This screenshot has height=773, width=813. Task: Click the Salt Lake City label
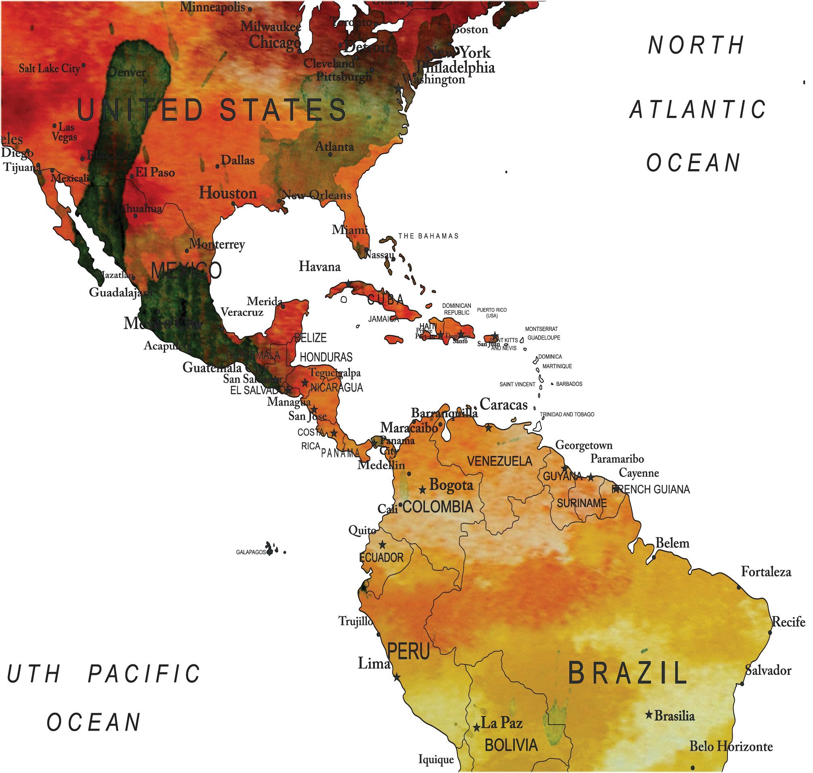[x=49, y=68]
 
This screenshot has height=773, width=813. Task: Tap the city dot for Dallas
[x=217, y=166]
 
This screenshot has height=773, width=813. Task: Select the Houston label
[x=228, y=193]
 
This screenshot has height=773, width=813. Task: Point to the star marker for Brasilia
[x=649, y=714]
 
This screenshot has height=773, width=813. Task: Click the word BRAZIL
[x=627, y=673]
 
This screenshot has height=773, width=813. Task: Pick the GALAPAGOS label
[x=251, y=552]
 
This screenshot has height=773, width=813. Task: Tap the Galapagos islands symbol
[x=270, y=549]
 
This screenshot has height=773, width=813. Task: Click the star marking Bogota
[x=422, y=490]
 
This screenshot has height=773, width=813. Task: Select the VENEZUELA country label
[x=499, y=461]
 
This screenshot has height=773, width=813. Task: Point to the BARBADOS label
[x=569, y=384]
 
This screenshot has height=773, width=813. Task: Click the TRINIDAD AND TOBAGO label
[x=567, y=415]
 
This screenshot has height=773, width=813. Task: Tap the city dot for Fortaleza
[x=739, y=588]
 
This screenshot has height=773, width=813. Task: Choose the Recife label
[x=788, y=622]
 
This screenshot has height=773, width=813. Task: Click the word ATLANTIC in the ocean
[x=698, y=110]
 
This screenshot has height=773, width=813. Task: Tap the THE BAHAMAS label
[x=428, y=236]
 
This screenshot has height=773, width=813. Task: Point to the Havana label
[x=320, y=266]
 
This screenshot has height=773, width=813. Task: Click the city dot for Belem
[x=654, y=557]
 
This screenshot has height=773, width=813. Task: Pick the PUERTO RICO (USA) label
[x=492, y=313]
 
